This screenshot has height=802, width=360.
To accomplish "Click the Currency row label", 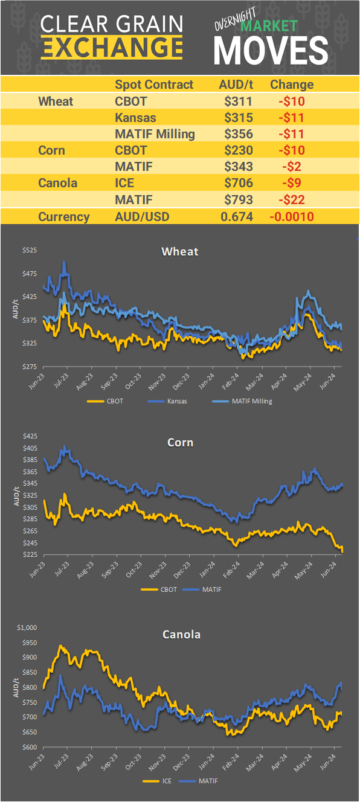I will (63, 217).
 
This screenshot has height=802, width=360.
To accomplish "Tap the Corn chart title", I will (180, 442).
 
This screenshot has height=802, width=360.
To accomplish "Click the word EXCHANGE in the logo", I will (112, 47).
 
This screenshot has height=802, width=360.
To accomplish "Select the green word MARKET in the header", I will (269, 26).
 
